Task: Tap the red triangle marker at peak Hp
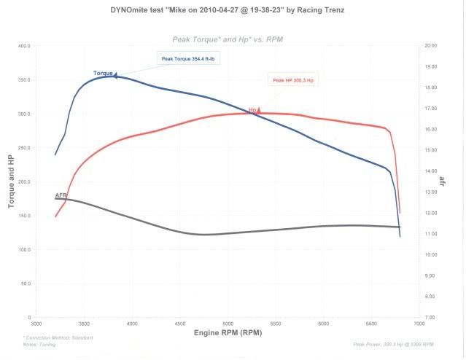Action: (x=258, y=109)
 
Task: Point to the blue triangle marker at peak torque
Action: (x=115, y=74)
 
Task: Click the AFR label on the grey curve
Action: (x=61, y=195)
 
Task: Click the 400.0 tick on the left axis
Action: (x=24, y=46)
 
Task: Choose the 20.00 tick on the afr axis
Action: (x=430, y=46)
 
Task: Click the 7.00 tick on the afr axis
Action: (x=430, y=318)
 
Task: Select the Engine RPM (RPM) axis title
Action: (x=228, y=333)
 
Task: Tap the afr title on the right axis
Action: (x=443, y=180)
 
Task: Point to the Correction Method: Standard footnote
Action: (x=53, y=338)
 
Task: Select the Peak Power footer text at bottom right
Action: (x=393, y=343)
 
